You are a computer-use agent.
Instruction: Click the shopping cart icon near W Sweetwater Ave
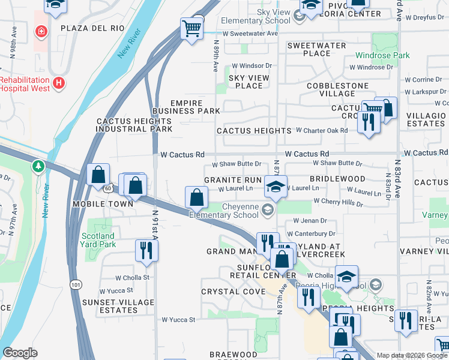[191, 28]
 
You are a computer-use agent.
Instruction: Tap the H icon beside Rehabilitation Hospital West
[59, 83]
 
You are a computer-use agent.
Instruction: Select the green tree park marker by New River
[40, 165]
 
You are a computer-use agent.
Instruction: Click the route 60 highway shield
[89, 188]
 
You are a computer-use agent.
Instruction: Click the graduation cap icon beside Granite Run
[276, 187]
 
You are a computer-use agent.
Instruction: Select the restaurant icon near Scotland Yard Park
[146, 250]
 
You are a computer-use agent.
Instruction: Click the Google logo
[20, 353]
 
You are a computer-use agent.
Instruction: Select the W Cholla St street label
[132, 277]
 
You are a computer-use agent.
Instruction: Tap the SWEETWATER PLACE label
[316, 49]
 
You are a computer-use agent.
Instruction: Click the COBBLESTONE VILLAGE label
[337, 89]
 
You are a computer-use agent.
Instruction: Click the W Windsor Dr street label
[252, 65]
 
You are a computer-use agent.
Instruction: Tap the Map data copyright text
[411, 355]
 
